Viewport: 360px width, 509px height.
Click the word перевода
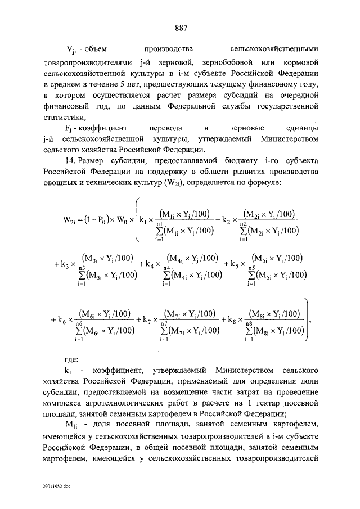(x=154, y=129)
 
